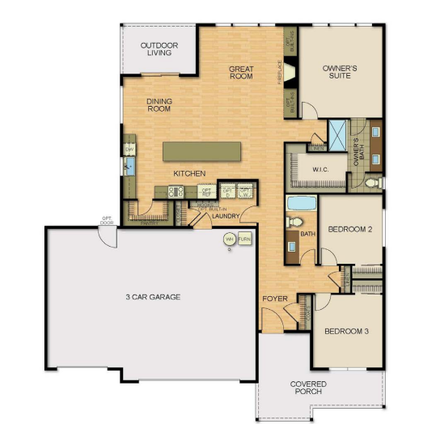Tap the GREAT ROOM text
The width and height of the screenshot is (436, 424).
point(241,72)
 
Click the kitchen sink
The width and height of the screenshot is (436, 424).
point(128,166)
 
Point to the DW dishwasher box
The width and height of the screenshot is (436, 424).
point(129,149)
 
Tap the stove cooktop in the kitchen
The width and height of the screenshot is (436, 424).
point(176,192)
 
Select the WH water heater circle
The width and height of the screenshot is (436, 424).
point(229,240)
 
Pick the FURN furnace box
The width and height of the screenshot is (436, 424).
point(244,240)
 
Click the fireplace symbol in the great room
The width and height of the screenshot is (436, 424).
point(290,72)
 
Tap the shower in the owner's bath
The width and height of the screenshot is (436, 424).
point(337,134)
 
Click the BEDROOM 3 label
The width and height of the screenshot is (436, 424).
point(347,332)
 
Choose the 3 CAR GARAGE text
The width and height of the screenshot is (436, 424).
point(152,297)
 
